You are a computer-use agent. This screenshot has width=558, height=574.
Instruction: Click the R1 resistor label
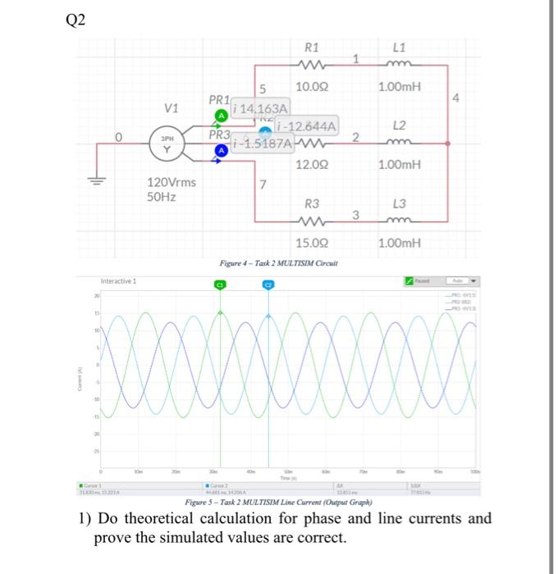click(x=313, y=47)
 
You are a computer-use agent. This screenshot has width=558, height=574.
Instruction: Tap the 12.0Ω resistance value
click(x=313, y=164)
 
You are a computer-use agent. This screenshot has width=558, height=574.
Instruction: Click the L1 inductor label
click(x=400, y=47)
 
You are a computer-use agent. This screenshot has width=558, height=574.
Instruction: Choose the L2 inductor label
click(x=400, y=125)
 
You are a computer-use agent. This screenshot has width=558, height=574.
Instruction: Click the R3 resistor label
click(x=313, y=203)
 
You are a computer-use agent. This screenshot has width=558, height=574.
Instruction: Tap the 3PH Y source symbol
click(x=167, y=144)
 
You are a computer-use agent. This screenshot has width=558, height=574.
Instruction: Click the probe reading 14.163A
click(x=262, y=108)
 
